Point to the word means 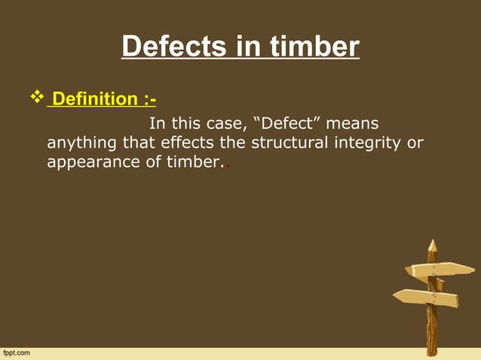pos(352,123)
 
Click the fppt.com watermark pos(17,352)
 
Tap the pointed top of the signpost pos(432,245)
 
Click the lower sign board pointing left pos(427,298)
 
